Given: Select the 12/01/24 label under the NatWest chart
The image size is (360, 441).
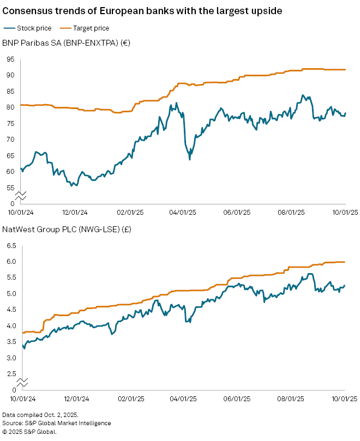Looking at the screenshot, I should click(x=76, y=400).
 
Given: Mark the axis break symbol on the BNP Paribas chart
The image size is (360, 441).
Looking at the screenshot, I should click(x=20, y=195).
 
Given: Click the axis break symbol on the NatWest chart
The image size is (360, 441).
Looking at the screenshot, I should click(x=20, y=382).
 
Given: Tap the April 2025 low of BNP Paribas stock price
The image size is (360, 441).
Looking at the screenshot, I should click(x=189, y=159).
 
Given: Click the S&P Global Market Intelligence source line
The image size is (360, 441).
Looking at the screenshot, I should click(x=57, y=423).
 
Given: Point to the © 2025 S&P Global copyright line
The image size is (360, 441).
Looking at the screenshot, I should click(x=29, y=431).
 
